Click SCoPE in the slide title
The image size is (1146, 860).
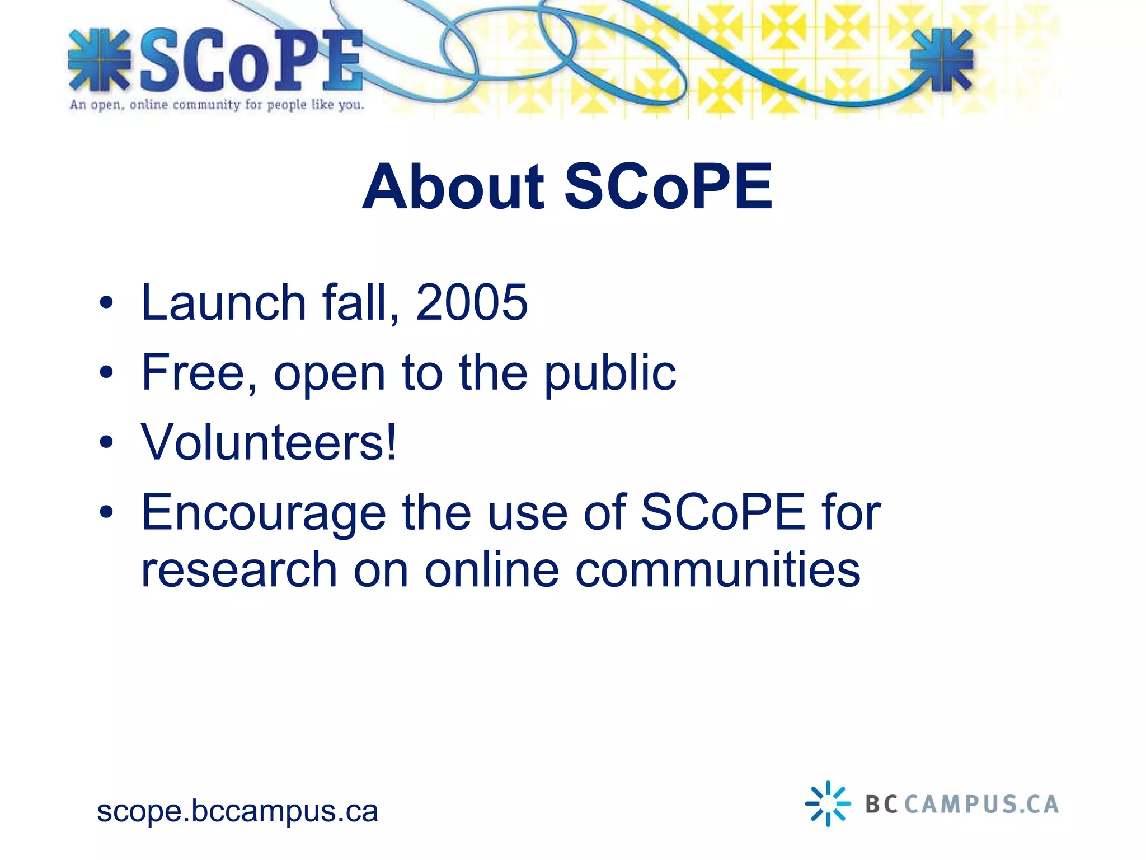coord(669,188)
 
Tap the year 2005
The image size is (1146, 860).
coord(471,303)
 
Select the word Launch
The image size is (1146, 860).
coord(223,303)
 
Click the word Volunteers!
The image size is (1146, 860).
coord(269,443)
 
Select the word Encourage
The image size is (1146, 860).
coord(264,514)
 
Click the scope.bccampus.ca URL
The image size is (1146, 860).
coord(237,811)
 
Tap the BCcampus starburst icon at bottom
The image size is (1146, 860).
coord(828,804)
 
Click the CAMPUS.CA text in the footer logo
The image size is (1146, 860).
coord(981,805)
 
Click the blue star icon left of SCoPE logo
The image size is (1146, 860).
coord(99,60)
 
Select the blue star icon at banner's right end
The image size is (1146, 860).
coord(942,60)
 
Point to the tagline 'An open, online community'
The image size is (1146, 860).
coord(217,105)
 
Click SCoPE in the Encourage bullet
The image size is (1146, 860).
coord(723,513)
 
